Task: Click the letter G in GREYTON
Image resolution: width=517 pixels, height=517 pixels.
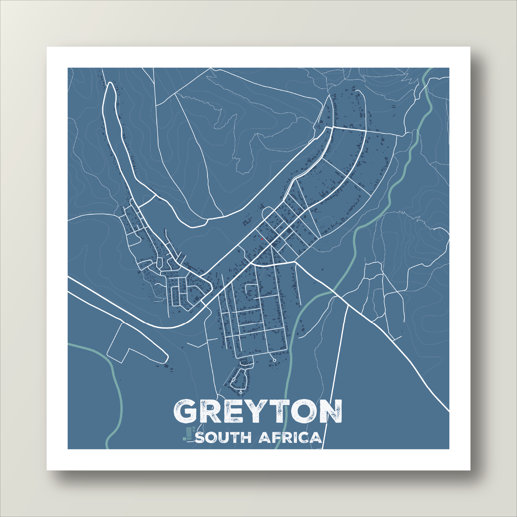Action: [187, 411]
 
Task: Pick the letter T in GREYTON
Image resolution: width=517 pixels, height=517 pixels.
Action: [276, 411]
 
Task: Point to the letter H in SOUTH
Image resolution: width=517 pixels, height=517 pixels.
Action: [245, 438]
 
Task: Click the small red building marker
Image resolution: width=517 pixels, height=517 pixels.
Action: [262, 239]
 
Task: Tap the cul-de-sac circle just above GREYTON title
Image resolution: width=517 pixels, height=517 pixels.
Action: [241, 392]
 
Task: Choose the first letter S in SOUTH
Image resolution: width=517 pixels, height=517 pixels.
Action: [200, 438]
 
